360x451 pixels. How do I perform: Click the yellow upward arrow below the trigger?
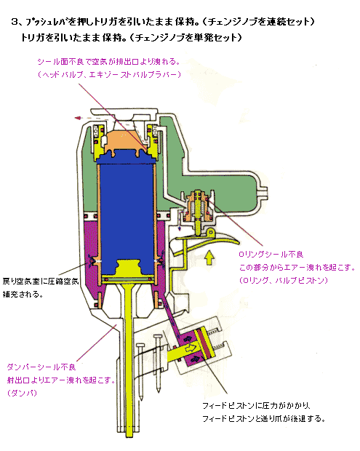tap(209, 257)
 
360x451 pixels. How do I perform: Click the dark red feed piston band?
tap(204, 343)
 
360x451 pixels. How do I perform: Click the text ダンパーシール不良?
tap(41, 367)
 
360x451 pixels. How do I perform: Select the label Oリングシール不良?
tap(271, 255)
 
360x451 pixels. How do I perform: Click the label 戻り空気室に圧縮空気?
tap(41, 281)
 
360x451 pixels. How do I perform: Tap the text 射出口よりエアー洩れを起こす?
tap(61, 380)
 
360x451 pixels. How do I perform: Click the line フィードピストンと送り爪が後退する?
tap(264, 418)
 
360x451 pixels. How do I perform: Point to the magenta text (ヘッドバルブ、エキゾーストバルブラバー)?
tap(109, 75)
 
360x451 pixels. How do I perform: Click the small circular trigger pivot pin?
tap(211, 232)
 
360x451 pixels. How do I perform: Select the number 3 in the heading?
tap(14, 22)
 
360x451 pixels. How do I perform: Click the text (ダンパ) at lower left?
tap(23, 393)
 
